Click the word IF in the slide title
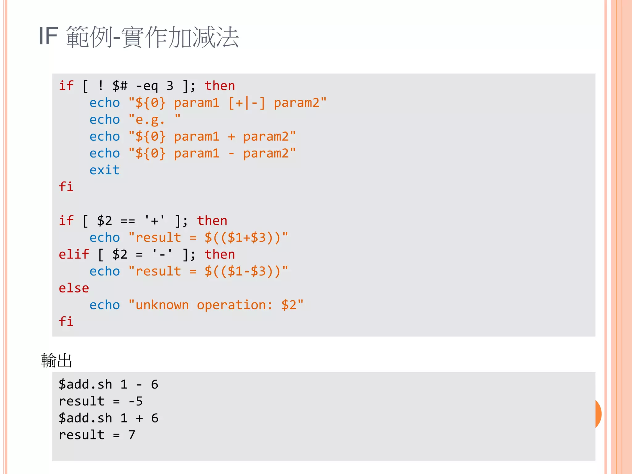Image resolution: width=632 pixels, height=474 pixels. tap(48, 36)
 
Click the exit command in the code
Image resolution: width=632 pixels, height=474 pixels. tap(104, 170)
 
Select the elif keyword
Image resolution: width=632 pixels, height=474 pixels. tap(74, 254)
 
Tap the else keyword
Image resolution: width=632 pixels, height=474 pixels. tap(74, 288)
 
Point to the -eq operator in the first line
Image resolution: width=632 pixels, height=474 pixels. tap(147, 86)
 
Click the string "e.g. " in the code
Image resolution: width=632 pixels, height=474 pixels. tap(154, 119)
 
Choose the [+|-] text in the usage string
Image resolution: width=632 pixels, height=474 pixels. tap(247, 103)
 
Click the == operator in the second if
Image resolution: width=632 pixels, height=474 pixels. tap(127, 221)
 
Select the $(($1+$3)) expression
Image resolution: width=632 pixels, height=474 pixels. tap(243, 238)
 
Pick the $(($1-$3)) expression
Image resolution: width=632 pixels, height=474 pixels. tap(243, 271)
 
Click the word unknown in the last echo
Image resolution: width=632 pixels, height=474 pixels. tap(162, 305)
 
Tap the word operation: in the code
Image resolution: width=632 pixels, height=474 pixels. tap(235, 305)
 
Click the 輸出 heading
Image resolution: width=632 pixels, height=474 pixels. tap(56, 360)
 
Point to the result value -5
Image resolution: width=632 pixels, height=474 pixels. tap(135, 401)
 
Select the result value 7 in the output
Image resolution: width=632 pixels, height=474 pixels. tap(132, 435)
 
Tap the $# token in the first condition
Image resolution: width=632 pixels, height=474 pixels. tap(120, 86)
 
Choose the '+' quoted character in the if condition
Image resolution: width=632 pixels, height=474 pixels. tap(155, 221)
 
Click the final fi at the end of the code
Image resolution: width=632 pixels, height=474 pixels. tap(66, 322)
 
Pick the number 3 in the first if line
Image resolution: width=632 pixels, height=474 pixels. tap(170, 86)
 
